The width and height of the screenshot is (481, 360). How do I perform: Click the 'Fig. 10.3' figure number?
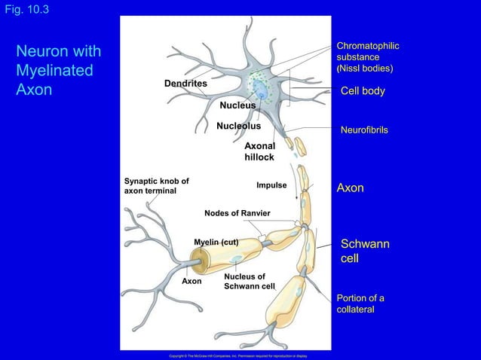click(x=25, y=9)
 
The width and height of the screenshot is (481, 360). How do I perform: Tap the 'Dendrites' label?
click(x=185, y=83)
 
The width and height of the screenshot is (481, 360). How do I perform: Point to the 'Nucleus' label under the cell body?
click(x=237, y=105)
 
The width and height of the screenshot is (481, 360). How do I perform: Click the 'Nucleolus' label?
click(x=238, y=126)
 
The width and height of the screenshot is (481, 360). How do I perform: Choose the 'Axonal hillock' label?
click(x=259, y=151)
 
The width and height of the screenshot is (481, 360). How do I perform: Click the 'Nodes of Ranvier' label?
click(x=237, y=213)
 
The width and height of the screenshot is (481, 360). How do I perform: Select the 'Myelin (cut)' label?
click(x=216, y=242)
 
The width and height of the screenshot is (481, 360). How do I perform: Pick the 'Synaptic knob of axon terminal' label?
click(x=156, y=186)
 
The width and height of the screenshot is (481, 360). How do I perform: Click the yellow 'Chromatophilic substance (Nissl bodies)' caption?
click(x=368, y=58)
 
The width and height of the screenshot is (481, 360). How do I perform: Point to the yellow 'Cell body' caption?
click(x=363, y=91)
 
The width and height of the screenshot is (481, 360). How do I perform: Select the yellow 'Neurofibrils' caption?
click(x=364, y=130)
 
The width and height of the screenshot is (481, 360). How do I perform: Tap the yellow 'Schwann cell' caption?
click(x=366, y=252)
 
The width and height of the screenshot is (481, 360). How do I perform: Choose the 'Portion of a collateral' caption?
click(x=361, y=304)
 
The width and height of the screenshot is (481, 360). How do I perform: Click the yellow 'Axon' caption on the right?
click(x=350, y=188)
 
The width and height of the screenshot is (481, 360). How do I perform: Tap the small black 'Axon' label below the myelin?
click(x=192, y=281)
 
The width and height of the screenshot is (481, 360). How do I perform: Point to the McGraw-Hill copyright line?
click(x=237, y=355)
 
